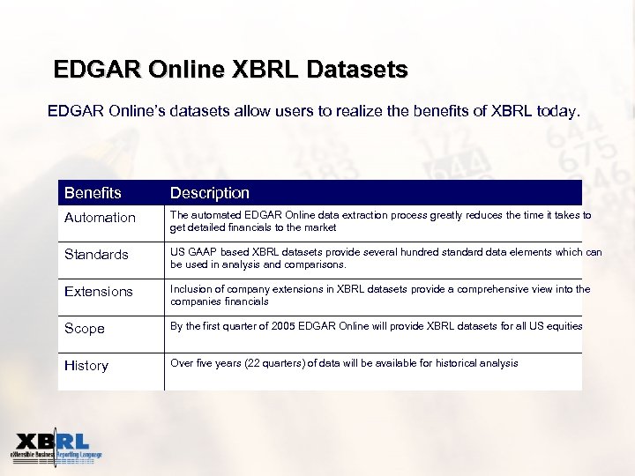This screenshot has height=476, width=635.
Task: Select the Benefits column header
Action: pyautogui.click(x=93, y=192)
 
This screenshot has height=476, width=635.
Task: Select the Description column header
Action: pyautogui.click(x=210, y=192)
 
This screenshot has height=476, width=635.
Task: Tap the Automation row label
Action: pyautogui.click(x=100, y=218)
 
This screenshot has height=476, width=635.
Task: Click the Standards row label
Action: pyautogui.click(x=96, y=255)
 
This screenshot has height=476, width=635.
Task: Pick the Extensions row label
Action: pyautogui.click(x=99, y=292)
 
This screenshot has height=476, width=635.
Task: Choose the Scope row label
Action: pyautogui.click(x=85, y=329)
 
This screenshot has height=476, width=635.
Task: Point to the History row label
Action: pyautogui.click(x=86, y=366)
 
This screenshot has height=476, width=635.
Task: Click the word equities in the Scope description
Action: pyautogui.click(x=564, y=326)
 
